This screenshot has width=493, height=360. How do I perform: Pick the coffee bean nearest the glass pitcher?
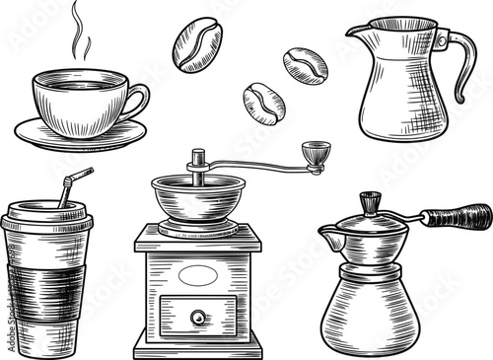click(305, 65)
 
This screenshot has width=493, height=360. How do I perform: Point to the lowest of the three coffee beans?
click(264, 102)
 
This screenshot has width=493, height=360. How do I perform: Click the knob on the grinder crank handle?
click(316, 153)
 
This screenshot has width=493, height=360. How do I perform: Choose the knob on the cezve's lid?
click(369, 203)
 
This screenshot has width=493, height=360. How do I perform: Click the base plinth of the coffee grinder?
click(197, 345)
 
